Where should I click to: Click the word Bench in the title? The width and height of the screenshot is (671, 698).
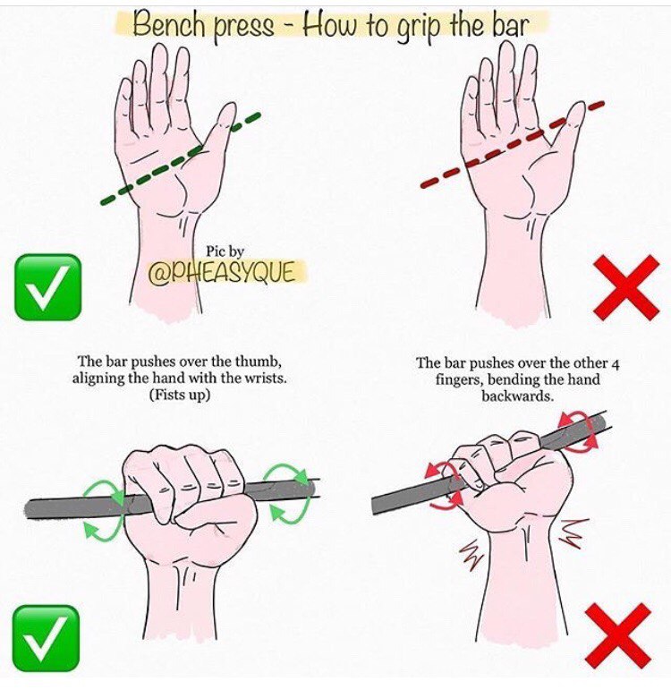169,22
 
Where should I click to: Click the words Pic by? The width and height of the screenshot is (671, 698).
225,251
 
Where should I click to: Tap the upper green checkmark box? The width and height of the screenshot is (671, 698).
48,287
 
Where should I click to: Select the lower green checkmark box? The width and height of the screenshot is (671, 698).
46,638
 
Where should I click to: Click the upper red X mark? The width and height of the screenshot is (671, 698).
626,287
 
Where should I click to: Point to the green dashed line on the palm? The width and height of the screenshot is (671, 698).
180,159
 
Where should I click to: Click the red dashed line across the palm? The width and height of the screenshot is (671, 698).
512,145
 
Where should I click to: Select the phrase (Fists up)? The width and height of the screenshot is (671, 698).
180,395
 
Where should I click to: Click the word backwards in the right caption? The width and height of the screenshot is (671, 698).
517,396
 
